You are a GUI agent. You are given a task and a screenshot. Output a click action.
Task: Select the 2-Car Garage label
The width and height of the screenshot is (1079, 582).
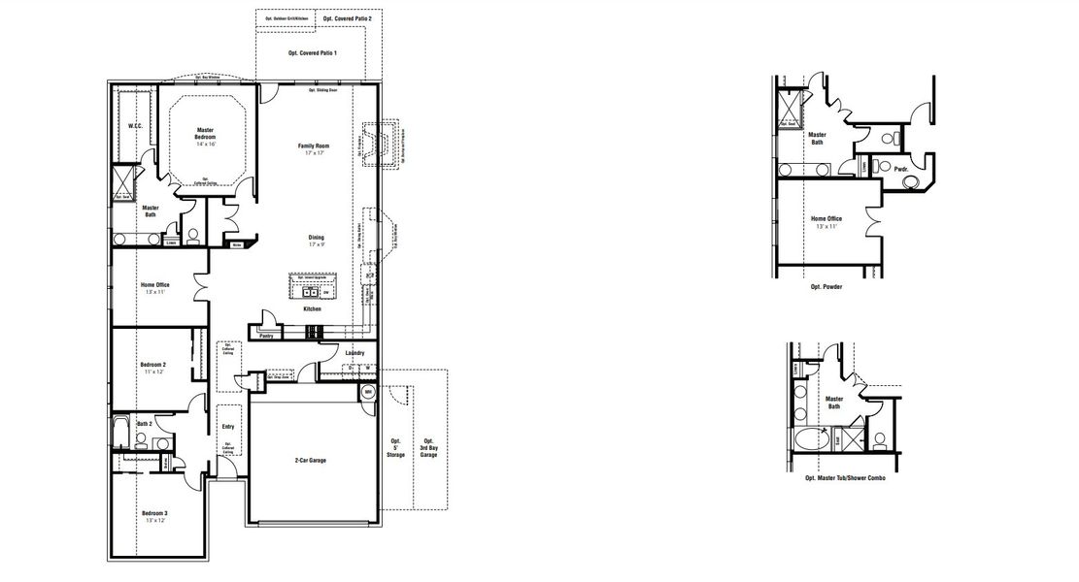pos(310,460)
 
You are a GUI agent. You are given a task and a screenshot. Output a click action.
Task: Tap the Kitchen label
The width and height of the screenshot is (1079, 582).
pos(311,308)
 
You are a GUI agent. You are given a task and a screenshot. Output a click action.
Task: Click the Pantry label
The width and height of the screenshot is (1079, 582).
pos(265,336)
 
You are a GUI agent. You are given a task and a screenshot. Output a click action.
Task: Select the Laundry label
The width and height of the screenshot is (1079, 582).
pos(354,353)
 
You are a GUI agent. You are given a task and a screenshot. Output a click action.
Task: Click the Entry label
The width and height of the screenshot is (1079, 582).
pos(227,427)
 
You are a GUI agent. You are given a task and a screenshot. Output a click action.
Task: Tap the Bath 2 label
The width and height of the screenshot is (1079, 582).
pos(145,424)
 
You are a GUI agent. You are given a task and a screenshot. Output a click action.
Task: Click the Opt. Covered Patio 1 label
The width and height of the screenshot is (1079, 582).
pos(313,52)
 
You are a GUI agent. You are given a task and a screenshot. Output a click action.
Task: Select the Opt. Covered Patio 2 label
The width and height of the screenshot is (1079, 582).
pos(347,18)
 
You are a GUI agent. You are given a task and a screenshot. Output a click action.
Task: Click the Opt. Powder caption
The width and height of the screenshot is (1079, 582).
pos(827,288)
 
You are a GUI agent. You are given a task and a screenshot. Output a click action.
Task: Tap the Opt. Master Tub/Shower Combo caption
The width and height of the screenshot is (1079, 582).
pos(845,478)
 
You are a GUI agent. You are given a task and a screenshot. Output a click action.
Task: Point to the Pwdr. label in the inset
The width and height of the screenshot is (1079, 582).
pos(900,168)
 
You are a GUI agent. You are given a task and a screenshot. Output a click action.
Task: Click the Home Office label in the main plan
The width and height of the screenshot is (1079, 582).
pos(156,287)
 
